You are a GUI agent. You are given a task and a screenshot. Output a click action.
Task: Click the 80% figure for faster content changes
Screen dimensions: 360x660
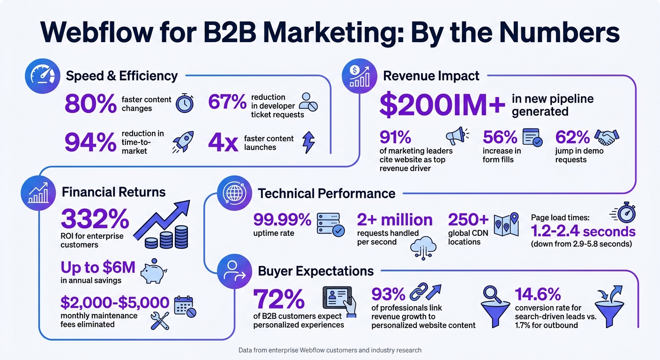90,104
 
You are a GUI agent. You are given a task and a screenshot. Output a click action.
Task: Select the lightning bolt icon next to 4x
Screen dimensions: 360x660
309,142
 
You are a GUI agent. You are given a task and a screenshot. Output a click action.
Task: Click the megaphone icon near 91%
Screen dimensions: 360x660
457,136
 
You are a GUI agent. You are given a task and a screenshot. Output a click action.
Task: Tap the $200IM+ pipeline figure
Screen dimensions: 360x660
442,105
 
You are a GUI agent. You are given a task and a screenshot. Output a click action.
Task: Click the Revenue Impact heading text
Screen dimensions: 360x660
431,76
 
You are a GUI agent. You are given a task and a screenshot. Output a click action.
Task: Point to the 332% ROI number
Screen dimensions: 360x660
95,219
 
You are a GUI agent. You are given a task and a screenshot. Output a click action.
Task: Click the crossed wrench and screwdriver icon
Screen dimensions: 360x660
160,320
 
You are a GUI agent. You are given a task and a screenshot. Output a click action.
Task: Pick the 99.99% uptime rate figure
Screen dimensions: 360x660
282,219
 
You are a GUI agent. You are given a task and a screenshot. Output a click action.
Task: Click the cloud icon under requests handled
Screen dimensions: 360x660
423,247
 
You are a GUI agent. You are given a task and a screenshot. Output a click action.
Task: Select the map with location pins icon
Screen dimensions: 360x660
507,224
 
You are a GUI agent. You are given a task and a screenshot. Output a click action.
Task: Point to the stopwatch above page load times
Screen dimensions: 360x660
625,213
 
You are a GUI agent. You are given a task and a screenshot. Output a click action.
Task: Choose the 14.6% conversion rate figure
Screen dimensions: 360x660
538,294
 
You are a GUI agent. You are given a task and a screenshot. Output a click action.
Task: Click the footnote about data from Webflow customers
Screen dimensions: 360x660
330,350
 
